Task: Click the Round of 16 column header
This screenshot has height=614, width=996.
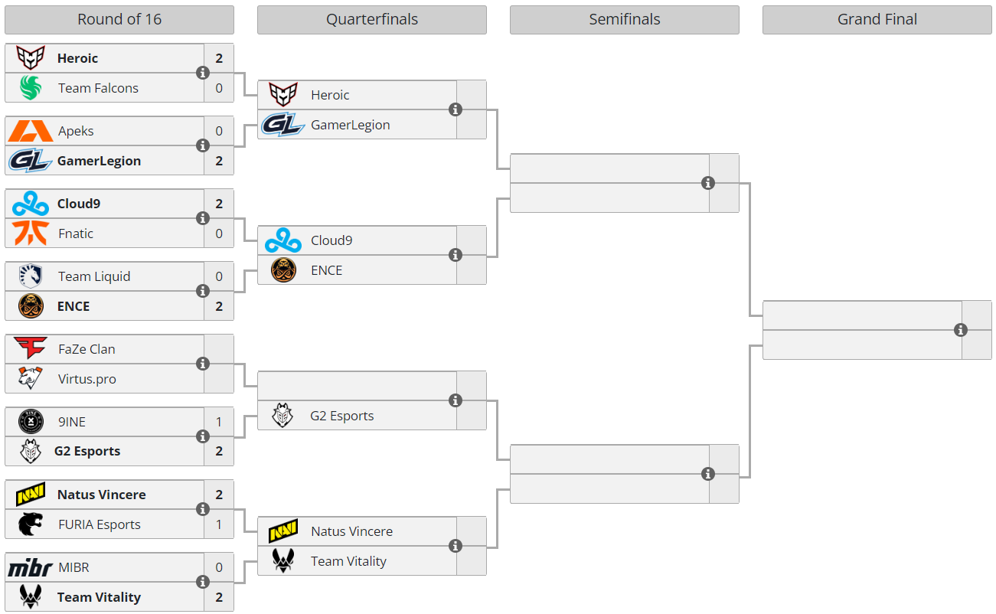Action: (x=119, y=20)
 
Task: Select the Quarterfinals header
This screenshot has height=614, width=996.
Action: (x=372, y=20)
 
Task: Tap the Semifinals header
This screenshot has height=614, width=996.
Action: (x=624, y=20)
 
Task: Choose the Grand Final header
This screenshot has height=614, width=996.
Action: (x=877, y=20)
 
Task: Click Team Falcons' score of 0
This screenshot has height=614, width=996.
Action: (x=219, y=88)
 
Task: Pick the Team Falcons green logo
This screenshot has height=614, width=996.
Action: (x=31, y=87)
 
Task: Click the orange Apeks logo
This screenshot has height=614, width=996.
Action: (x=31, y=131)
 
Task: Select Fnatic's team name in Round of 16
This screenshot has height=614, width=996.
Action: (x=76, y=234)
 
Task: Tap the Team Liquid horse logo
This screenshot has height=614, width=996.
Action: (x=31, y=276)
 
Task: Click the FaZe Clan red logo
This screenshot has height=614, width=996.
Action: (x=30, y=348)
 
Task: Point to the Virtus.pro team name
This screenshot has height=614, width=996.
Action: (x=87, y=379)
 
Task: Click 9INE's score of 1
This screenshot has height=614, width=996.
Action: (x=219, y=422)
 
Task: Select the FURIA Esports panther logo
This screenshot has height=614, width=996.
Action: (x=31, y=524)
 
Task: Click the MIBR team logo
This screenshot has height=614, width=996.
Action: (x=31, y=567)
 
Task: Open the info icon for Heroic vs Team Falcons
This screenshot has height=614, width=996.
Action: (x=203, y=73)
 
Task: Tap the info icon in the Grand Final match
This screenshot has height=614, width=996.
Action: (x=961, y=330)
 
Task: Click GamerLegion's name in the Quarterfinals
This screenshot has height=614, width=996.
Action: (x=351, y=125)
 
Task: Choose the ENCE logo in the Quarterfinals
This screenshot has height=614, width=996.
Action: (x=283, y=270)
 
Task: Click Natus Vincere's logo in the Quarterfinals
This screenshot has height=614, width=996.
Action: (x=283, y=531)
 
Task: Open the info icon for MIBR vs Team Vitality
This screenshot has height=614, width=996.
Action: (x=203, y=582)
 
